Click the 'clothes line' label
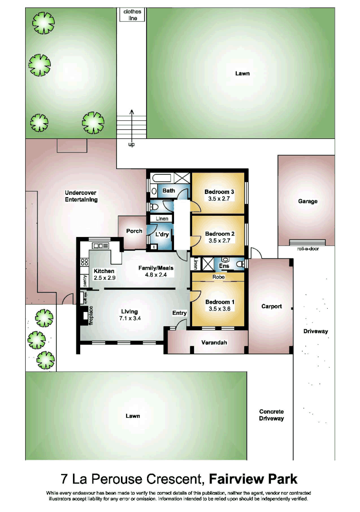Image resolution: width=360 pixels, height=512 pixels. tap(131, 15)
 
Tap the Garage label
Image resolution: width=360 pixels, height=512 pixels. tap(307, 201)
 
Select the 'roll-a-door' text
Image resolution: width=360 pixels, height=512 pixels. tap(307, 248)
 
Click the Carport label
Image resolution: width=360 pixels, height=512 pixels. tap(271, 306)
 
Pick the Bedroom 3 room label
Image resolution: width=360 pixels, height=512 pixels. tap(219, 192)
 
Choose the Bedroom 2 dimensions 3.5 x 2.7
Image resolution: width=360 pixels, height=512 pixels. tap(219, 240)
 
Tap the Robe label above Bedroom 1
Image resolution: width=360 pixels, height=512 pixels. tap(218, 276)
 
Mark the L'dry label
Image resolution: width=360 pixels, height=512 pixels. tap(162, 234)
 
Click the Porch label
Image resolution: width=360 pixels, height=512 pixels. tap(134, 231)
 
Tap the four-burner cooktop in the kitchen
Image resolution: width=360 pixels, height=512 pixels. tap(85, 261)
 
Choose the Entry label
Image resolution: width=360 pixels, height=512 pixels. tap(179, 313)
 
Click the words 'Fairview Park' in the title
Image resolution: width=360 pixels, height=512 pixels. tap(253, 478)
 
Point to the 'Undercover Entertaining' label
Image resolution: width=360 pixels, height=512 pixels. tap(81, 196)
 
